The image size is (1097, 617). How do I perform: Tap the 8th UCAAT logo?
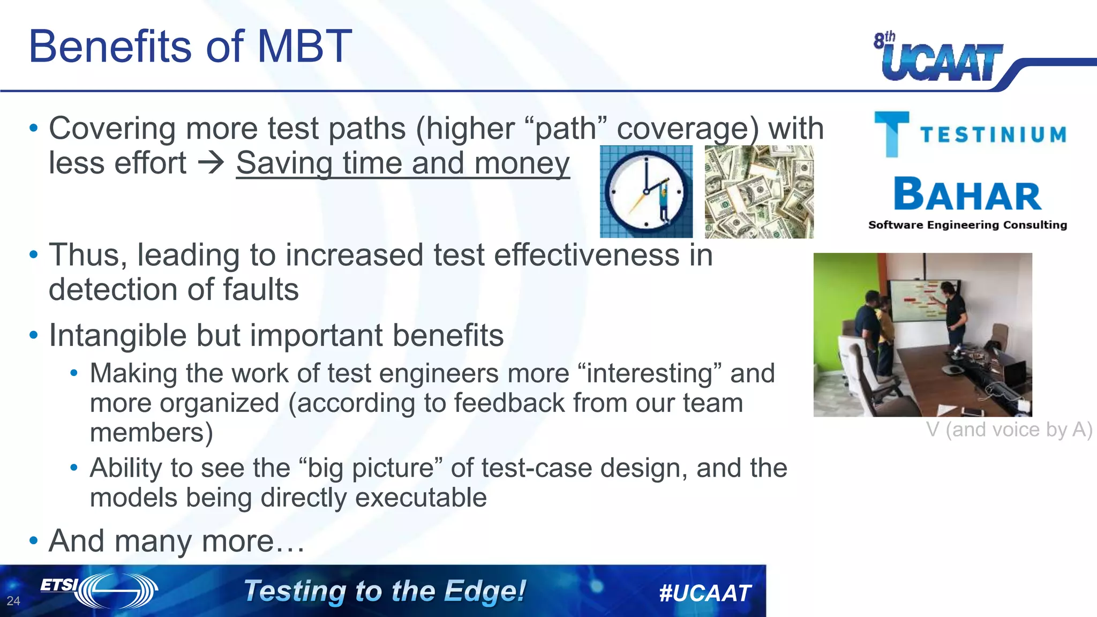point(938,58)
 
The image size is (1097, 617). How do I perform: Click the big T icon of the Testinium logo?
point(891,134)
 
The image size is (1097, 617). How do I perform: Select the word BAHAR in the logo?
point(967,195)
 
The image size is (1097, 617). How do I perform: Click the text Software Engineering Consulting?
point(967,225)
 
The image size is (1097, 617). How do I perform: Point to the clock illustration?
point(646,192)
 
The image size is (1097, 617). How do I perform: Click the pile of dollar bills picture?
point(758,192)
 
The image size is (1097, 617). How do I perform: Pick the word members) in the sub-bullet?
point(151,433)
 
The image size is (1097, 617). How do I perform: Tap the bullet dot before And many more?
point(34,540)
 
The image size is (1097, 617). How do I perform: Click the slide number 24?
point(13,601)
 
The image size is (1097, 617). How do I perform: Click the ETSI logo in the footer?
point(99,590)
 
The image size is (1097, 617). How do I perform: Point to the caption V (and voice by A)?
point(1009,430)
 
